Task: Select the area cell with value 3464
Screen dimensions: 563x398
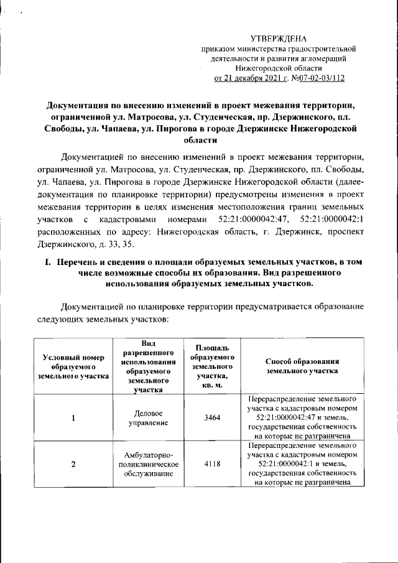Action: pyautogui.click(x=207, y=417)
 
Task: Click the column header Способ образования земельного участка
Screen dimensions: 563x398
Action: pyautogui.click(x=301, y=365)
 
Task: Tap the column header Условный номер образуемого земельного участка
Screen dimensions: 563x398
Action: pyautogui.click(x=73, y=366)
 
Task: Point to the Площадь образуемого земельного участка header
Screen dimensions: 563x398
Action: pyautogui.click(x=207, y=366)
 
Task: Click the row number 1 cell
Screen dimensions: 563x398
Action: pyautogui.click(x=73, y=417)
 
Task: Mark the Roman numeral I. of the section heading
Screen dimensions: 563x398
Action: pyautogui.click(x=46, y=263)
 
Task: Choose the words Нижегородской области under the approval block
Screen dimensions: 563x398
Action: pyautogui.click(x=279, y=68)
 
